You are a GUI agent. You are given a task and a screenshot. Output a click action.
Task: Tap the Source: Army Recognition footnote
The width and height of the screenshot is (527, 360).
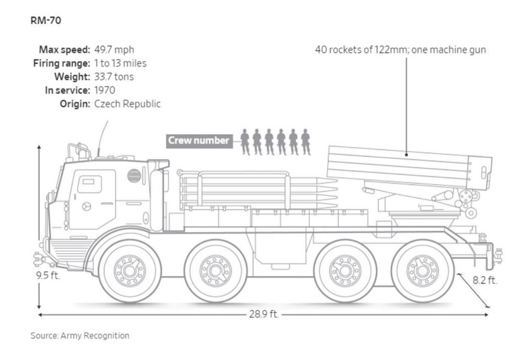[x=80, y=336]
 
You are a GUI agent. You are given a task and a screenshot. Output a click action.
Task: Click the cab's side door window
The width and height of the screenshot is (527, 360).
[x=88, y=184]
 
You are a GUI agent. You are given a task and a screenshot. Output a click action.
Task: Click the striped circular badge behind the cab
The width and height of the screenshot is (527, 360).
[x=134, y=174]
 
